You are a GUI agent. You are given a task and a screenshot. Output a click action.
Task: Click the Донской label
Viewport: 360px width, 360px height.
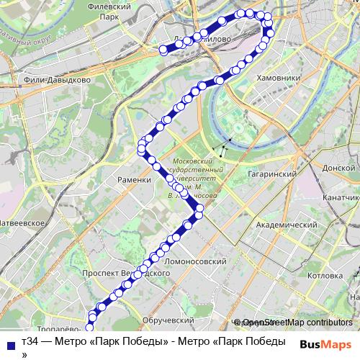point(341,167)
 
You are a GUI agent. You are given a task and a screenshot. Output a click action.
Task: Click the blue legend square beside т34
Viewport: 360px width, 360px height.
point(8,343)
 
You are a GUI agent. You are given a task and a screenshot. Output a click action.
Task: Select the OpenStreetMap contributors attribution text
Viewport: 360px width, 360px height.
point(297,323)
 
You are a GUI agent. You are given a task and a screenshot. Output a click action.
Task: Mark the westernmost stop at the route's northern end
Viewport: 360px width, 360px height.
point(163,50)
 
